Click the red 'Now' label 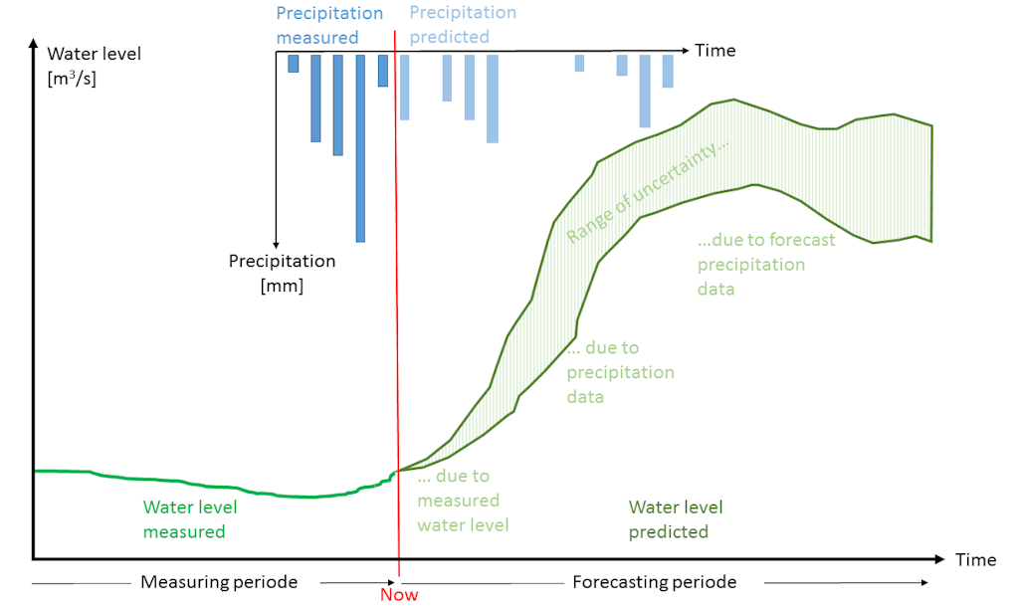399,595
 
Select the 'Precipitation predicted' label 463,25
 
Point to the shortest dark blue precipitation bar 293,63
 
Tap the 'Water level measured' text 190,519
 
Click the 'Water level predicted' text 676,519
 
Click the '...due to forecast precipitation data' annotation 765,264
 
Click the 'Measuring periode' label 219,582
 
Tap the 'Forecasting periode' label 655,582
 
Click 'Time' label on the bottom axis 975,560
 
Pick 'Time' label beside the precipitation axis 714,50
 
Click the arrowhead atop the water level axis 35,46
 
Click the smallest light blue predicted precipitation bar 579,63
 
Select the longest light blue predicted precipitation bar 492,99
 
